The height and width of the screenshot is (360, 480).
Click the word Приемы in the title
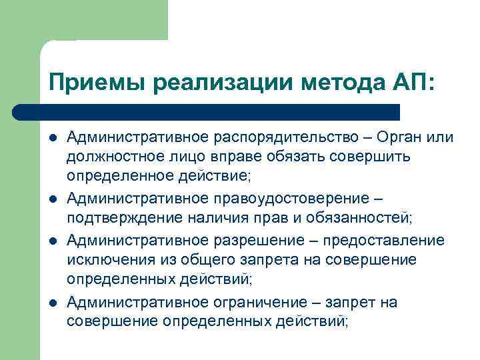coord(97,83)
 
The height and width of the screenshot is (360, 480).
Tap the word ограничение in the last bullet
coord(256,302)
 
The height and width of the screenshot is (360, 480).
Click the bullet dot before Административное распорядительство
coord(52,138)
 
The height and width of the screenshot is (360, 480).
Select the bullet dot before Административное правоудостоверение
coord(52,198)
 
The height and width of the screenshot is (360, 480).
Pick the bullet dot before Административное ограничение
coord(52,303)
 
